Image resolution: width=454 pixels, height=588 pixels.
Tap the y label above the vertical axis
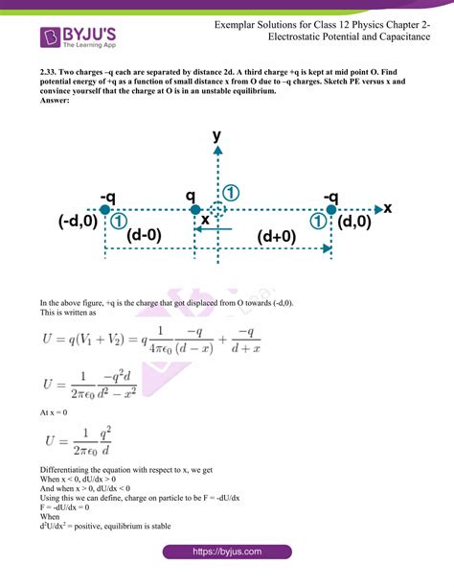coord(217,136)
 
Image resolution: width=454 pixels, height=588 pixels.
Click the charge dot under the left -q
coord(105,209)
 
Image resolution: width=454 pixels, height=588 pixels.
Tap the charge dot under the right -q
coord(331,209)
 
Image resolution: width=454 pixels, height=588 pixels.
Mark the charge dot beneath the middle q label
coord(194,209)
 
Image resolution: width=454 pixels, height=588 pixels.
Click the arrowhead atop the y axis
coord(217,151)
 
